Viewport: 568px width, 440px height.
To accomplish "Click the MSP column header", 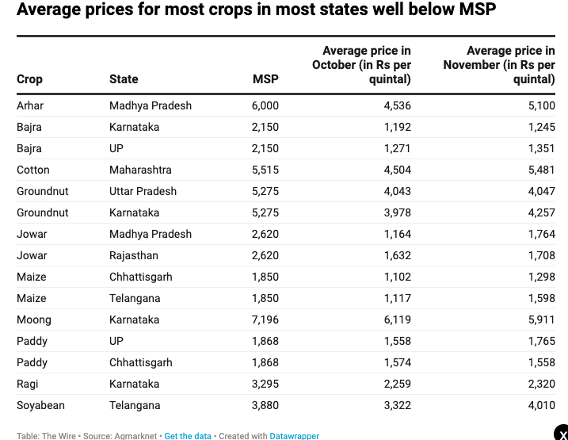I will point(265,79).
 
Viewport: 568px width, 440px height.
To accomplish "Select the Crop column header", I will point(29,79).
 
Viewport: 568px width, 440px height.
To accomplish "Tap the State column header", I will point(124,79).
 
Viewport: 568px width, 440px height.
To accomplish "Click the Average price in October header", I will point(362,65).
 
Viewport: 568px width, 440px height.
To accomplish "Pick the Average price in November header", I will point(500,65).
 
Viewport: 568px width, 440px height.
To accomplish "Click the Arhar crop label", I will point(30,105).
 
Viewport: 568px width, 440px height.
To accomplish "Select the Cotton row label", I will point(32,170).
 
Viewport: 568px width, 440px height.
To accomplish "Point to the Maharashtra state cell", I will point(140,170).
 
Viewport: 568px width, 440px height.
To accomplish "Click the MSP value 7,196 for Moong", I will point(265,319).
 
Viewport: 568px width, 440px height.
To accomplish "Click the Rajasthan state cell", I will point(133,255).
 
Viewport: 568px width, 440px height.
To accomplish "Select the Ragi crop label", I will point(28,384).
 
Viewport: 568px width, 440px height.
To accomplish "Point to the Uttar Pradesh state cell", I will point(143,191).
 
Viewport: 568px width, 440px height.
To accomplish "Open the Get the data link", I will point(188,436).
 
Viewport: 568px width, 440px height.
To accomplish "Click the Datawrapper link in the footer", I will point(295,436).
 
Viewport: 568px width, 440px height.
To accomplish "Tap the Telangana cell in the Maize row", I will point(135,298).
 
